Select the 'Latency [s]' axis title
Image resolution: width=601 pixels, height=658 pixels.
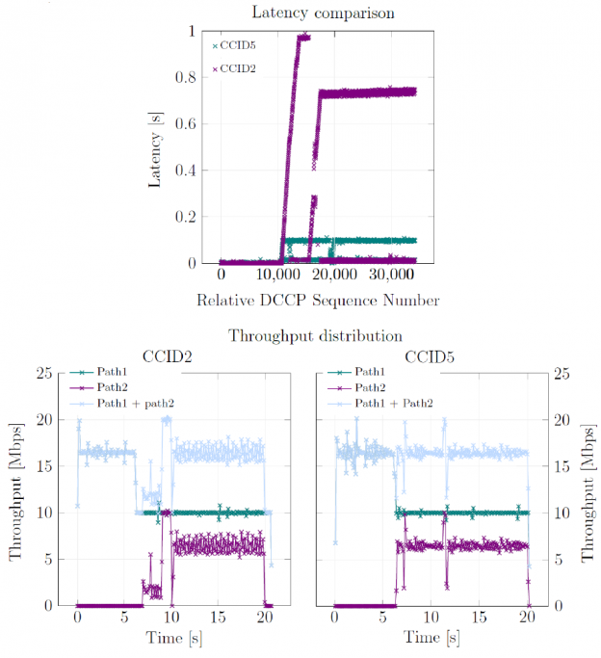(x=155, y=146)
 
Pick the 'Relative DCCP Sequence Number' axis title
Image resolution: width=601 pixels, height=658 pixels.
(x=318, y=301)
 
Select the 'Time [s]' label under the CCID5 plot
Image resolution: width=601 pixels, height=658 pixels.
(x=431, y=638)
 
